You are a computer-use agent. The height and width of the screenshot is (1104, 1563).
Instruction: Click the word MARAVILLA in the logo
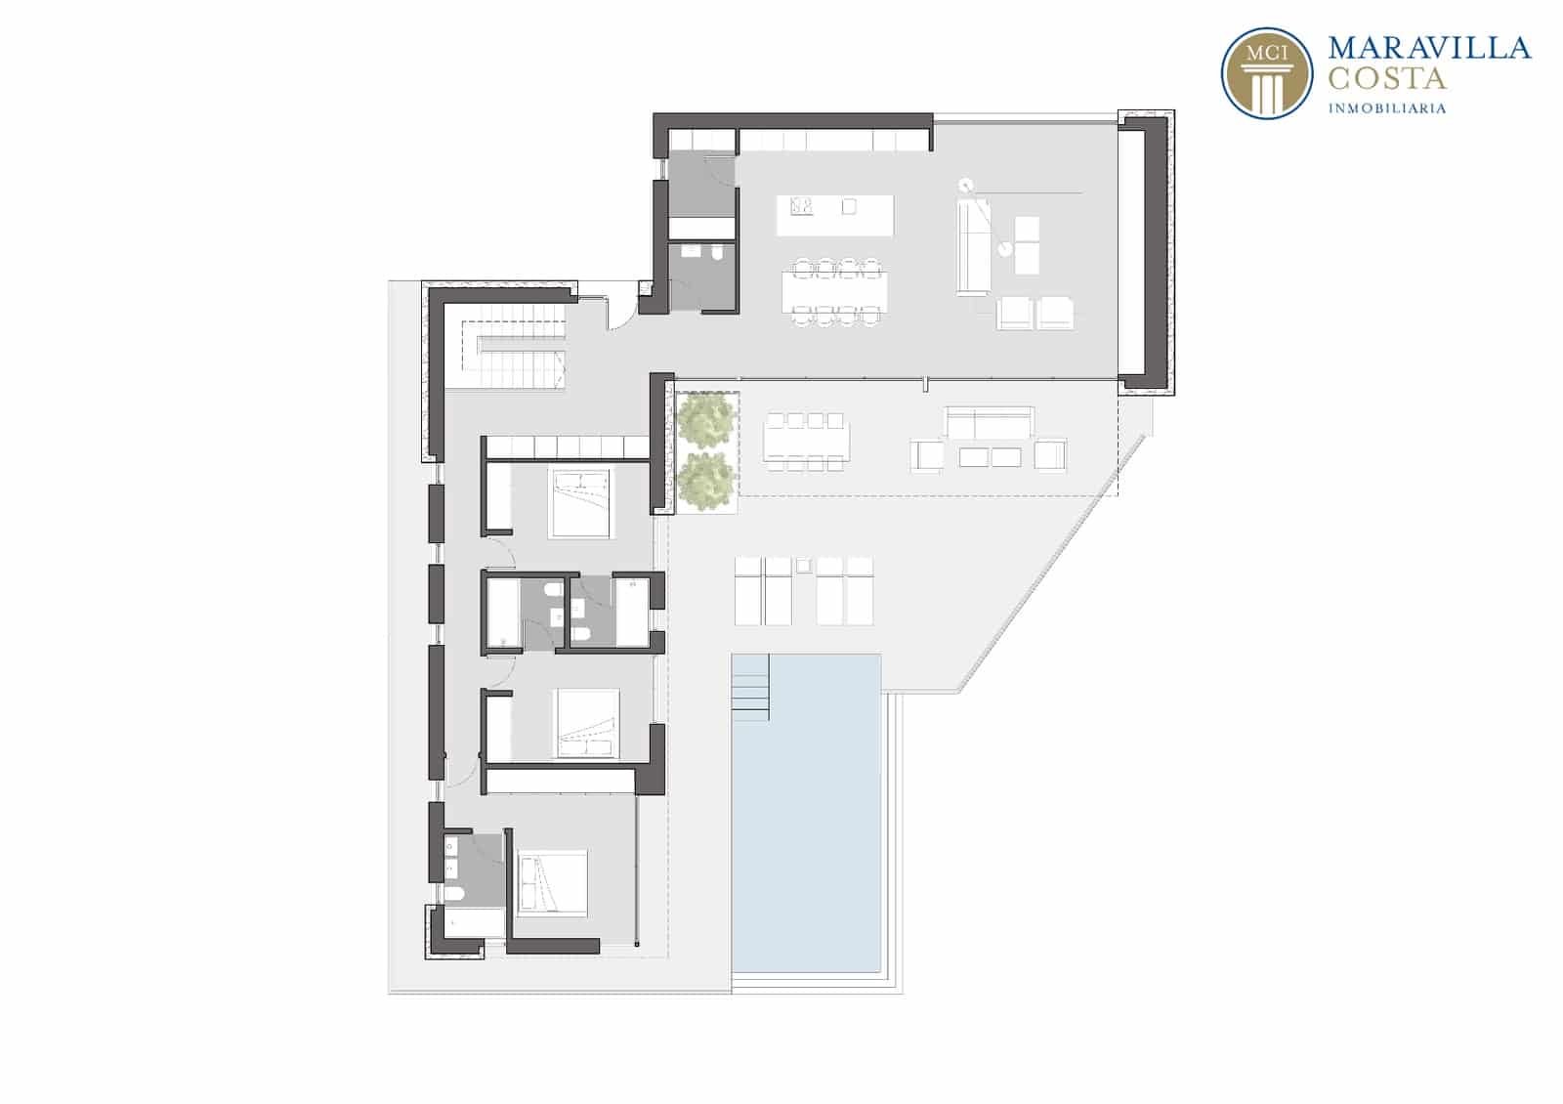pos(1429,48)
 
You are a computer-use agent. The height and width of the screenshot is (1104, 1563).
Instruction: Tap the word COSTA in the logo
pos(1386,79)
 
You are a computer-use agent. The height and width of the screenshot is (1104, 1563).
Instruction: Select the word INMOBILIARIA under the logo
pos(1386,108)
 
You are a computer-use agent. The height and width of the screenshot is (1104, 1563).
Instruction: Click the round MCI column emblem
pos(1267,73)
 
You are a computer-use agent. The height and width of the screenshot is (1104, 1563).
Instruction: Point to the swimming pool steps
pos(750,688)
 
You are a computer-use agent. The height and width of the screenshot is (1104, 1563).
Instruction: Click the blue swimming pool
pos(806,813)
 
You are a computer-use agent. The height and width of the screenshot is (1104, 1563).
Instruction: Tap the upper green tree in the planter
pos(707,421)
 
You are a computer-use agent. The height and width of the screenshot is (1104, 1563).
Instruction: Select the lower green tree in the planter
pos(707,481)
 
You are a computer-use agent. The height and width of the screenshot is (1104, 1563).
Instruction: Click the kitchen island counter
pos(835,216)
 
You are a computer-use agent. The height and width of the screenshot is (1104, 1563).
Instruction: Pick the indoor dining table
pos(834,291)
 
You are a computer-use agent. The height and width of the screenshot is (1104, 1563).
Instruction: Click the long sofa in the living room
pos(973,246)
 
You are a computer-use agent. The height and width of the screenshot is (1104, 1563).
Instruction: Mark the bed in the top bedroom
pos(580,503)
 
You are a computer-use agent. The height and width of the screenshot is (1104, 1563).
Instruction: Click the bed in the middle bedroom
pos(586,723)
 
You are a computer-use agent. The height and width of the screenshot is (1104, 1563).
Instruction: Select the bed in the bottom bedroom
pos(551,883)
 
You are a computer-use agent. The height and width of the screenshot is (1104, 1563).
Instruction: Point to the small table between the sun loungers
pos(804,566)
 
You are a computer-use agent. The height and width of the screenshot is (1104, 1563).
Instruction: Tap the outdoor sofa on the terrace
pos(989,422)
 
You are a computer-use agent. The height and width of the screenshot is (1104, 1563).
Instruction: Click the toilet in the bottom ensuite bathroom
pos(453,894)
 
